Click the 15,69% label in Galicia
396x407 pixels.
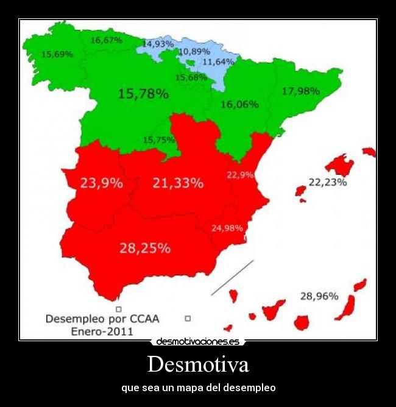[x=57, y=54]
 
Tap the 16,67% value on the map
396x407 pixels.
[x=106, y=40]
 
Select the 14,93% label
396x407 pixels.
[x=158, y=44]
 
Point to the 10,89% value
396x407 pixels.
[x=194, y=52]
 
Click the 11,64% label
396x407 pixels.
[x=218, y=62]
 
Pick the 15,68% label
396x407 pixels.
[x=191, y=77]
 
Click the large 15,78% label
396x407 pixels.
[x=143, y=94]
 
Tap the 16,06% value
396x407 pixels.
[x=239, y=104]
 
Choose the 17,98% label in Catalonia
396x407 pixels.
[x=301, y=91]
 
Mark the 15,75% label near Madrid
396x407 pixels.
[x=159, y=140]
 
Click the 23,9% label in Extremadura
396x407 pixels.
[x=101, y=182]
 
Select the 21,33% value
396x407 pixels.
[x=178, y=182]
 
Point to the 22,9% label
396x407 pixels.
[x=240, y=174]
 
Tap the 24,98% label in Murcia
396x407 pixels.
[x=227, y=228]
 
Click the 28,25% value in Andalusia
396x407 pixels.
[x=145, y=248]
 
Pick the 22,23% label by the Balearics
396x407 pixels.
[x=328, y=182]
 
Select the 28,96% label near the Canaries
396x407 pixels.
[x=319, y=296]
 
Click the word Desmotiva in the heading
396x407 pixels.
[x=198, y=365]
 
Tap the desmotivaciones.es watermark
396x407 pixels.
[x=198, y=342]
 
